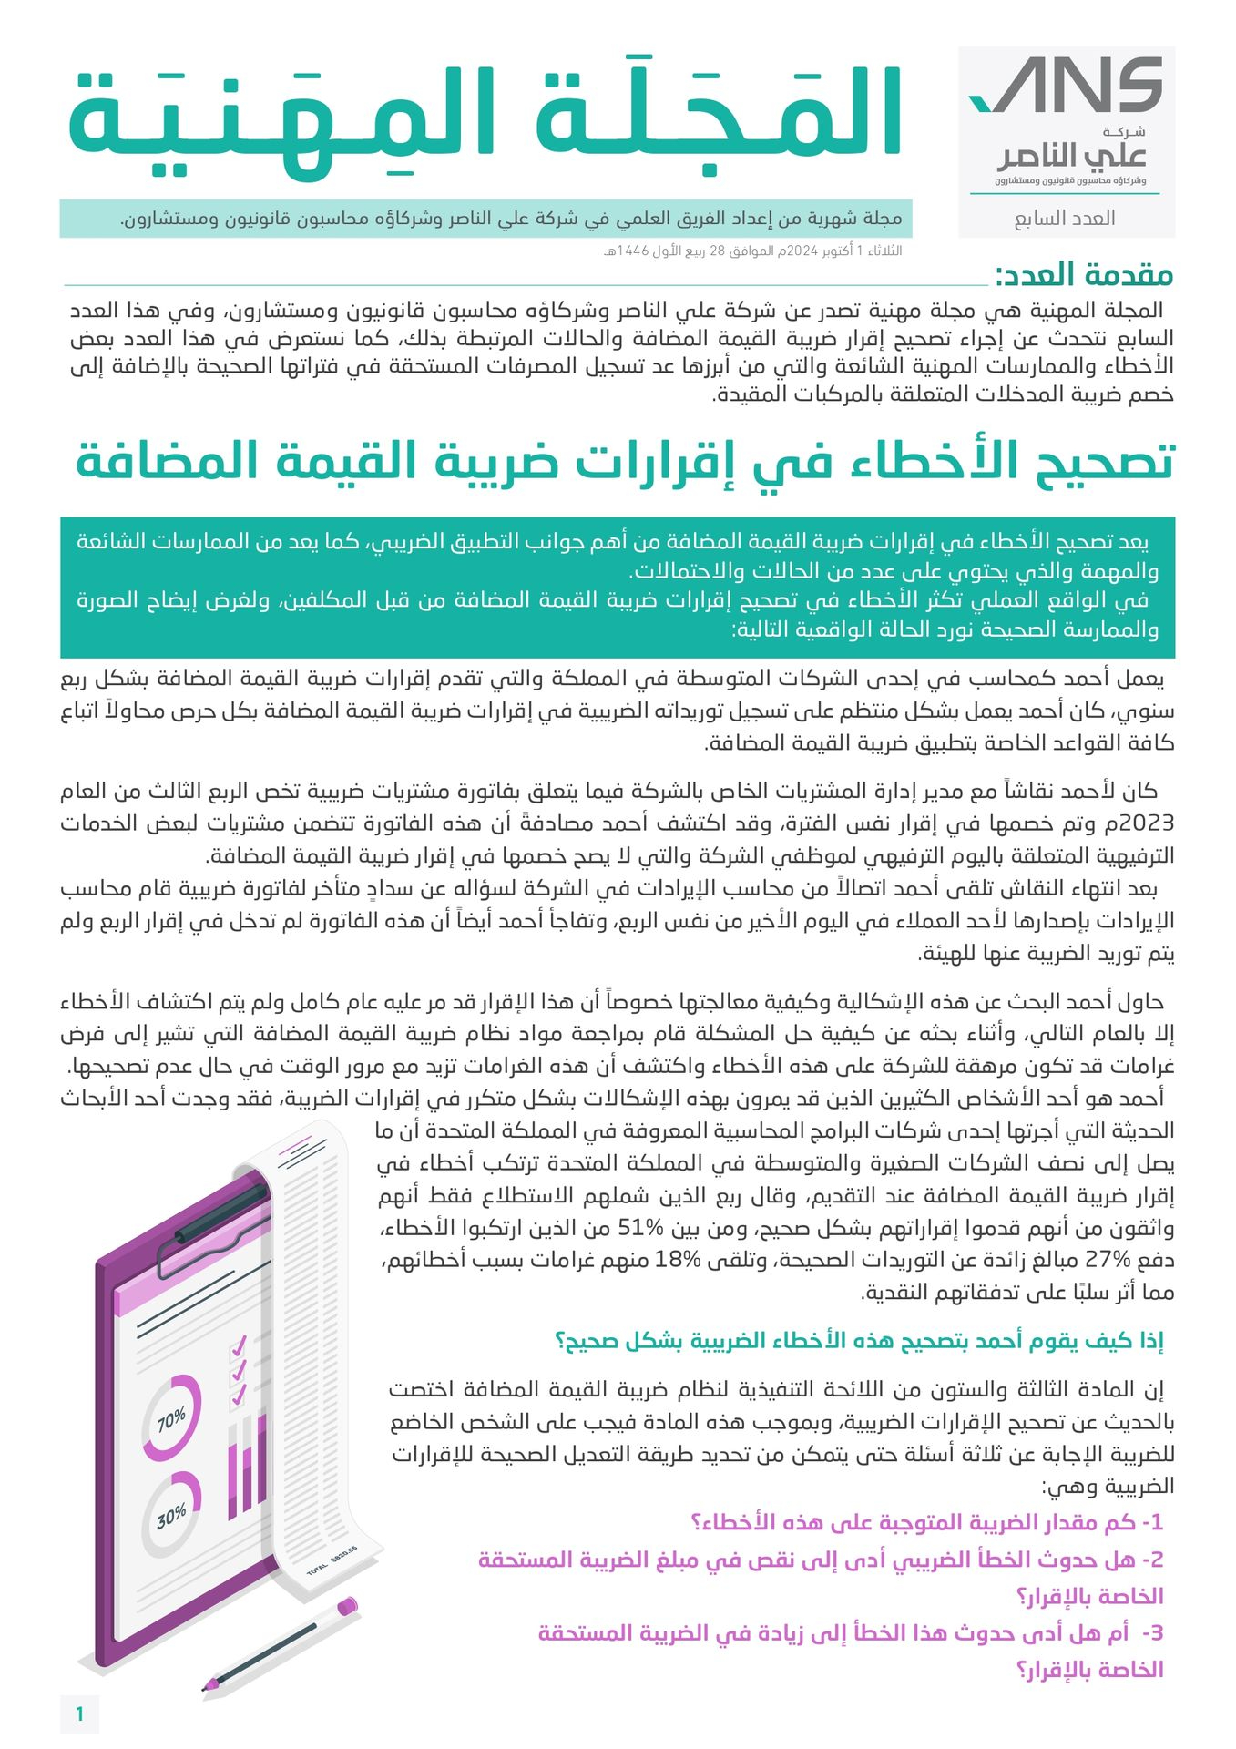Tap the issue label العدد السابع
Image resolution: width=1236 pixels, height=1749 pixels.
[1065, 219]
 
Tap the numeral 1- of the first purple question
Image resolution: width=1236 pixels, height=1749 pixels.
[1152, 1522]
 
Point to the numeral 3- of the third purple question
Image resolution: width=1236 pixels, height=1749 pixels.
[1152, 1632]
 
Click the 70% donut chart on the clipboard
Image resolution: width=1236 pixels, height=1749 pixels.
[172, 1417]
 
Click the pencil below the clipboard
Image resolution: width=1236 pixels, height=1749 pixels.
[279, 1642]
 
